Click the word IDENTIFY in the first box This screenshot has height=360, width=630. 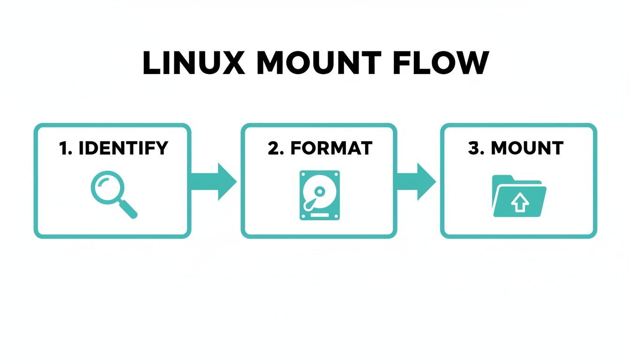point(123,148)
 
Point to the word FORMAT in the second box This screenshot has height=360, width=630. point(331,148)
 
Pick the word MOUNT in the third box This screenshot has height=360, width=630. point(527,148)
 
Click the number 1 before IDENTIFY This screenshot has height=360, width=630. point(64,148)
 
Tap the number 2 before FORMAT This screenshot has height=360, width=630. point(273,148)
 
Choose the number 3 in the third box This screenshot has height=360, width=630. point(475,148)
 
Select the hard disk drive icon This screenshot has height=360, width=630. point(319,195)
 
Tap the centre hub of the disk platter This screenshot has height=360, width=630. point(319,191)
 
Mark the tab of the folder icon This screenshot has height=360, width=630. point(503,179)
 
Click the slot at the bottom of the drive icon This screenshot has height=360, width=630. point(319,214)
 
